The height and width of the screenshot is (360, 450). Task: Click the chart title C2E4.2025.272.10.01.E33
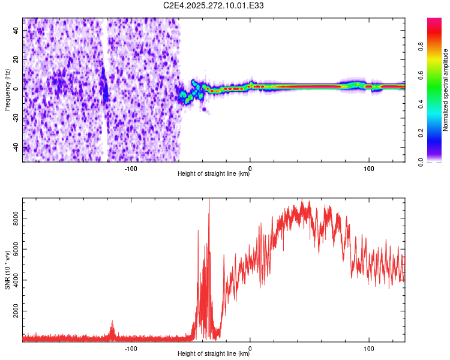214,5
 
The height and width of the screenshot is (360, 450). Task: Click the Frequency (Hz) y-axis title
7,90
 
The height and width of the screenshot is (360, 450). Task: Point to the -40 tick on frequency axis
17,147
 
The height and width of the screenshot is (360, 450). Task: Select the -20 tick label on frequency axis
17,118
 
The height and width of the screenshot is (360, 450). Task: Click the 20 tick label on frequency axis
17,59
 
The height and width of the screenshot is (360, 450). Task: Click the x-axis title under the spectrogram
214,174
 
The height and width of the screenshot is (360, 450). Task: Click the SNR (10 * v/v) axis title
7,269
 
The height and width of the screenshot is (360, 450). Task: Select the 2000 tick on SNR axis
17,313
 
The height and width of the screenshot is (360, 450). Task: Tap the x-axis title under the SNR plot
214,354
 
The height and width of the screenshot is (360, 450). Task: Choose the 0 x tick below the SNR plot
250,347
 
